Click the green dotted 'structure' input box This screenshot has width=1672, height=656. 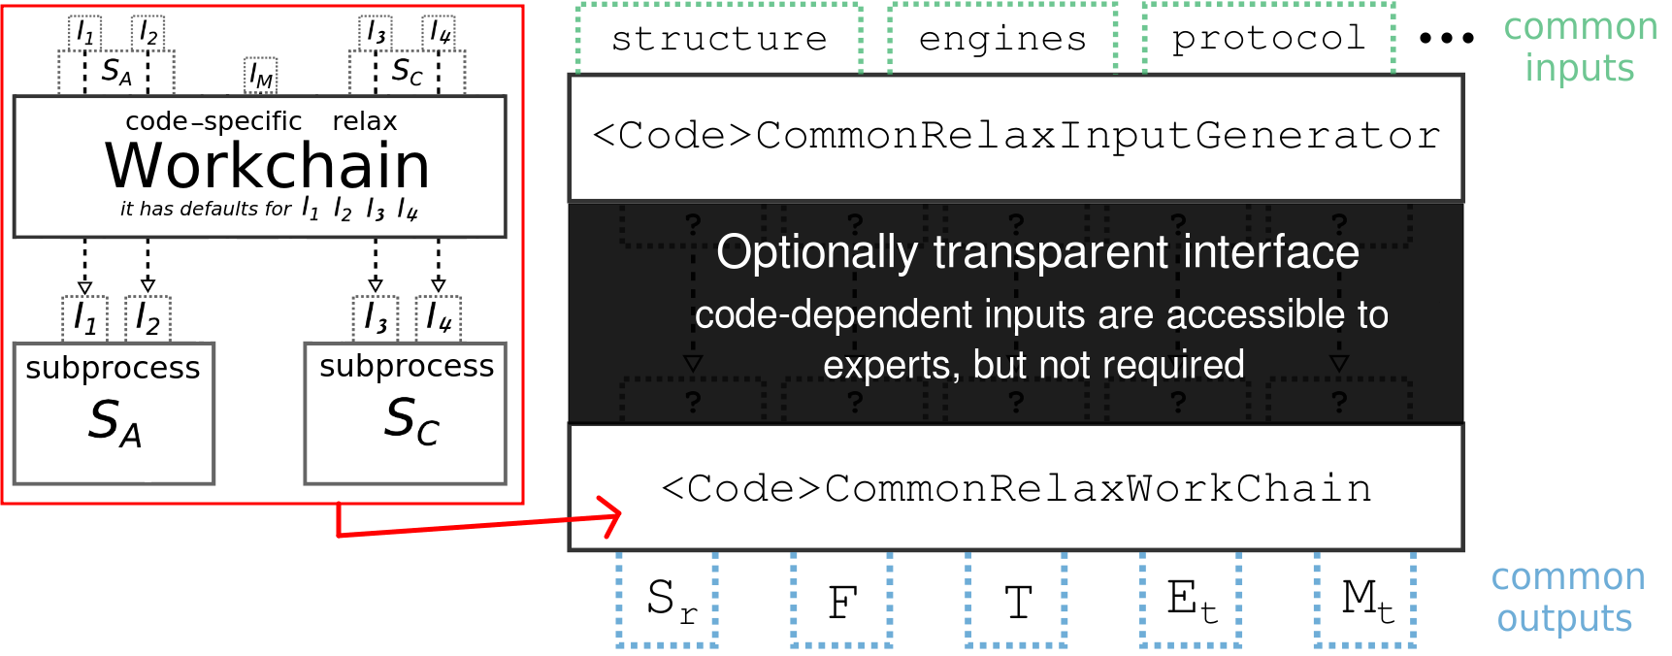click(719, 39)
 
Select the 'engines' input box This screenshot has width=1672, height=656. click(1002, 39)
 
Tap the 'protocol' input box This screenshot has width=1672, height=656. click(1268, 39)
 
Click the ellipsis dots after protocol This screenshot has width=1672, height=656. click(1446, 39)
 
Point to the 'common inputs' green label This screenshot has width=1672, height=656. click(1580, 48)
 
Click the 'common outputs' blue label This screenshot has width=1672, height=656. click(1567, 598)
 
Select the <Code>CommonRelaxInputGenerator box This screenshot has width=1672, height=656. click(1016, 137)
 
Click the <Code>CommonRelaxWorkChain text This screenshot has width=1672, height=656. click(1016, 488)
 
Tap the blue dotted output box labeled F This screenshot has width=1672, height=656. click(841, 599)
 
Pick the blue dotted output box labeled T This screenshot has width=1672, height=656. click(1016, 599)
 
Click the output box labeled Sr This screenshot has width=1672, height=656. click(667, 599)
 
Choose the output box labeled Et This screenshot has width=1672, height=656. click(1191, 599)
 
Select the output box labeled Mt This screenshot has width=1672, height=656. click(1365, 599)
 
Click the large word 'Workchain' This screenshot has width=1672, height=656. click(267, 166)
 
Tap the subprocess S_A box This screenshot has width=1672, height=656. click(114, 413)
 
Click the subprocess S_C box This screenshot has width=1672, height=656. click(406, 413)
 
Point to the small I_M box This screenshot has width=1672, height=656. click(261, 76)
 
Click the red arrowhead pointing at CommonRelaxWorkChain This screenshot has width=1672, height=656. click(610, 517)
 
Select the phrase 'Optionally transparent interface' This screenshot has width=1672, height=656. click(1037, 252)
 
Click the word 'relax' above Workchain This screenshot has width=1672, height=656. click(365, 121)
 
